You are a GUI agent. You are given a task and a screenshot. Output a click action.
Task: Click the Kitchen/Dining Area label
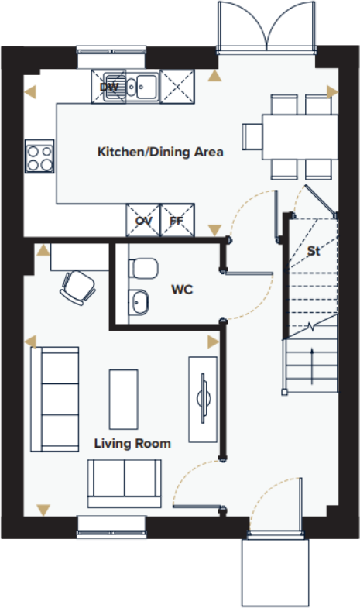(x=159, y=152)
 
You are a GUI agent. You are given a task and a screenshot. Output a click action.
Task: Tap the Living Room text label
(x=132, y=443)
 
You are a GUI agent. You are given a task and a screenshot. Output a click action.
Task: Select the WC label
(x=181, y=290)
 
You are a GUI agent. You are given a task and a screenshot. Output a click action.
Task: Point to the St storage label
(x=314, y=251)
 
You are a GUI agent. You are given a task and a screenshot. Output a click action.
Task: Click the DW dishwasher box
(x=109, y=87)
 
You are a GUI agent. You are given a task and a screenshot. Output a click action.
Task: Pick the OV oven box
(x=143, y=220)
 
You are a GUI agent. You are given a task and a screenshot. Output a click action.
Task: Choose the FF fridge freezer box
(x=177, y=220)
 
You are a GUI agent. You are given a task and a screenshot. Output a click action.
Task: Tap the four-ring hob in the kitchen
(x=39, y=157)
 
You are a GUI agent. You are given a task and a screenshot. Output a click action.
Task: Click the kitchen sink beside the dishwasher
(x=143, y=86)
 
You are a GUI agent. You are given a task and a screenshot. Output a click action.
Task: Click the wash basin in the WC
(x=139, y=301)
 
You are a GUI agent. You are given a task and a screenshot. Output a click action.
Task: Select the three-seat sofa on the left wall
(x=54, y=398)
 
